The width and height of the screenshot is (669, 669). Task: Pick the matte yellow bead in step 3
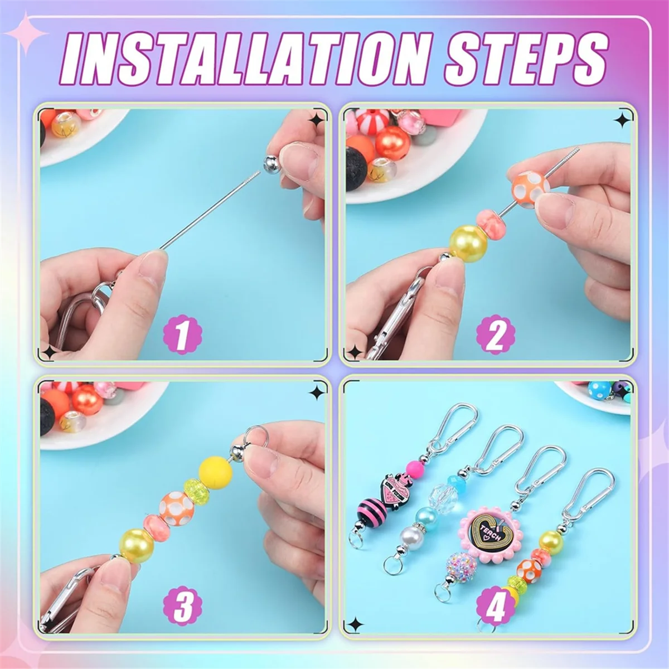216,471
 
